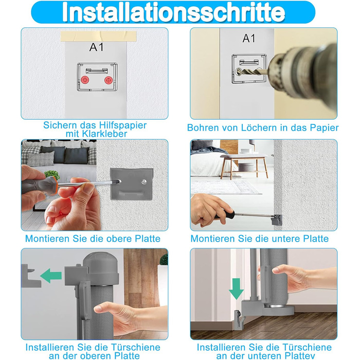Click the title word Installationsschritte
(x=173, y=12)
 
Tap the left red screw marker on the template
(x=85, y=80)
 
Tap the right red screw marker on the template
(x=109, y=80)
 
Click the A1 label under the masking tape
(x=97, y=47)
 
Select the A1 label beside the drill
(x=249, y=39)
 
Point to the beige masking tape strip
(x=99, y=37)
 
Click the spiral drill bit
(x=252, y=72)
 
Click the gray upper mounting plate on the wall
(x=132, y=184)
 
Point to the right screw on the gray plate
(x=143, y=182)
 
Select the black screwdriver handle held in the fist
(x=225, y=215)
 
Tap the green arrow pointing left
(x=51, y=276)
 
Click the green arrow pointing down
(x=236, y=289)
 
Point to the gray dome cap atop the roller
(x=101, y=268)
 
